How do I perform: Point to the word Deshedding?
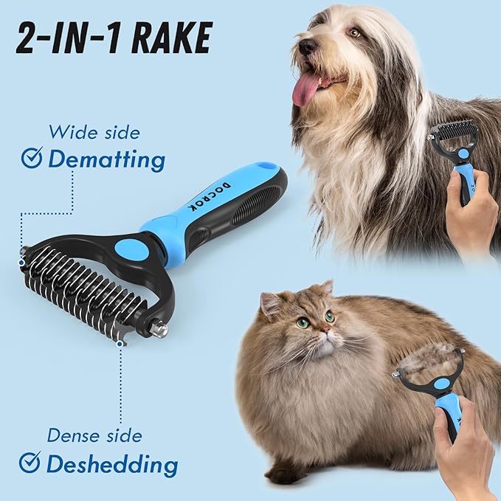(111, 464)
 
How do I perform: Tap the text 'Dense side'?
(94, 435)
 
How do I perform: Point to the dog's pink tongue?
(305, 89)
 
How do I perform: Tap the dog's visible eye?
(355, 32)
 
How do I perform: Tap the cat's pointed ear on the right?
(325, 287)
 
